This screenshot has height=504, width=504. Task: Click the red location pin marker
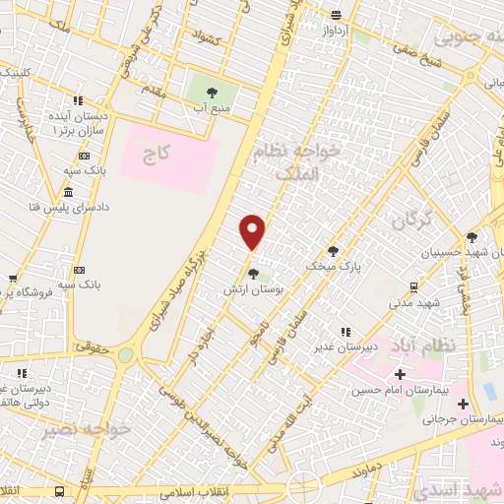pyautogui.click(x=253, y=231)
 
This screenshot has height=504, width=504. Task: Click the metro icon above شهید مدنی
pyautogui.click(x=412, y=287)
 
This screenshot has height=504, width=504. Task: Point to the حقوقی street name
pyautogui.click(x=93, y=346)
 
